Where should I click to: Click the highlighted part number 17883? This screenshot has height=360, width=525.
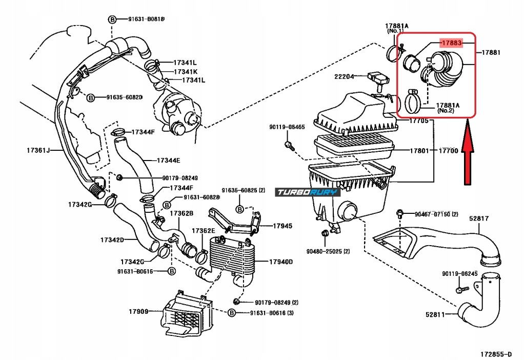tap(452, 43)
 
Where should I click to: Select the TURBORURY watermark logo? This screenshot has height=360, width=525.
tap(308, 192)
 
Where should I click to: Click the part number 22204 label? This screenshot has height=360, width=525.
tap(344, 77)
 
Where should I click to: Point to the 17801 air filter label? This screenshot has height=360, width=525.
tap(419, 151)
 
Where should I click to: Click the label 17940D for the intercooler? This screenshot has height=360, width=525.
tap(281, 262)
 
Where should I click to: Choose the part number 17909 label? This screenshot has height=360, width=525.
tap(138, 312)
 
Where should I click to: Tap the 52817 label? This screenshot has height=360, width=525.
tap(479, 218)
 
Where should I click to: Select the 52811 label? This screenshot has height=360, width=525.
tap(435, 315)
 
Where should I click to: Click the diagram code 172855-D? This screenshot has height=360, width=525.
tap(496, 354)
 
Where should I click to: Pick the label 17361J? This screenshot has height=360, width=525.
tap(38, 150)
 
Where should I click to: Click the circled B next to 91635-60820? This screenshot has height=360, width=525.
tap(90, 98)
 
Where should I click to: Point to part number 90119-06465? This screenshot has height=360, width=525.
tap(287, 127)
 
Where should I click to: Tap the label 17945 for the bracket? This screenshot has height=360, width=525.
tap(282, 226)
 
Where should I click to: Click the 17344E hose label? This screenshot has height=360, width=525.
tap(168, 161)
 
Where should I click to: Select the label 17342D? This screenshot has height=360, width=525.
tap(112, 240)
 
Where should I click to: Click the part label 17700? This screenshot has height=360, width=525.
tap(448, 151)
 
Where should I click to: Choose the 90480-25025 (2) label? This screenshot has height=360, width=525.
tap(328, 251)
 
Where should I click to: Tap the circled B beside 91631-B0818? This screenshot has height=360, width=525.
tap(112, 19)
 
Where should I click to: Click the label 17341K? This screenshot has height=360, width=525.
tap(186, 72)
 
